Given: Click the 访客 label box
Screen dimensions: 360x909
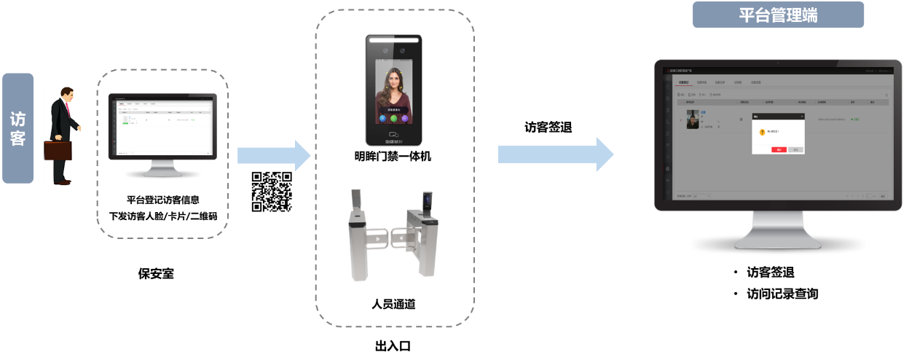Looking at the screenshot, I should coord(17,128).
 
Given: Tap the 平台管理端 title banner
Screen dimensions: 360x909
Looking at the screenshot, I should coord(778,15).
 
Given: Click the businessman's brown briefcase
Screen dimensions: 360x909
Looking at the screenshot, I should coord(58,150).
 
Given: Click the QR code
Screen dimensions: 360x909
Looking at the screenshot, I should coord(272,192).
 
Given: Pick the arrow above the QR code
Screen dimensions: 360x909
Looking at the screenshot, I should coord(273,154).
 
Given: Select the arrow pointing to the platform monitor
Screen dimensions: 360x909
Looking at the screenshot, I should coord(555,154).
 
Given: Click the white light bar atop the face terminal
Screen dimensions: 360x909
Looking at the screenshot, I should coord(393,41).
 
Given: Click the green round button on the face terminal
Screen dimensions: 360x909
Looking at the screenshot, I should coord(393,118).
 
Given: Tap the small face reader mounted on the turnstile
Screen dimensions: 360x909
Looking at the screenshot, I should coord(427,200).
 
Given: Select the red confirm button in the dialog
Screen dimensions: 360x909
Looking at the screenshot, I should coord(778,149).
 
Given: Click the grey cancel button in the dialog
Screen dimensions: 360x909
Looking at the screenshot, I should coord(795,149).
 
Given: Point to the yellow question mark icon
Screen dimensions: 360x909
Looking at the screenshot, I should coord(762,132).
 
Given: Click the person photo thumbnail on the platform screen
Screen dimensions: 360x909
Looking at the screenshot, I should coord(693,120).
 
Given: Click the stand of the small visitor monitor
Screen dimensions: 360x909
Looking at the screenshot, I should coord(162,168).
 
